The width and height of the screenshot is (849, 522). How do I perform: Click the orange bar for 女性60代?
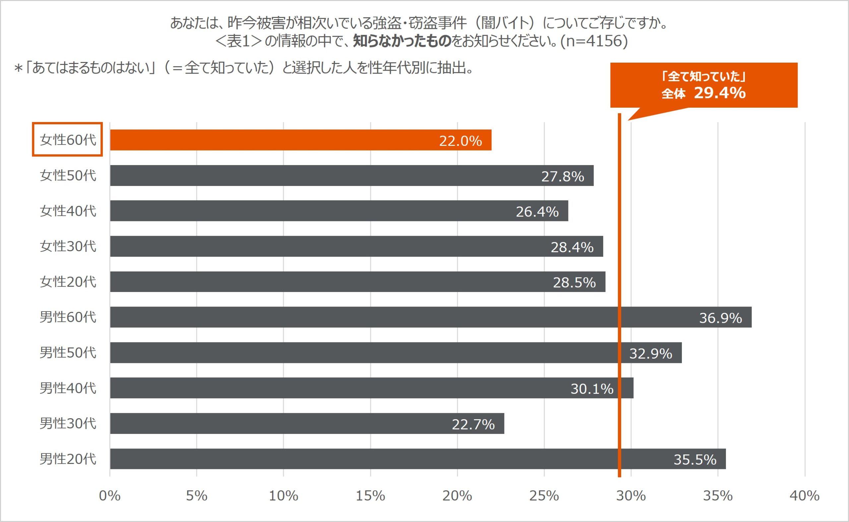[x=300, y=140]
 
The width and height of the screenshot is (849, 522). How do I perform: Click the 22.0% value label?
[x=460, y=141]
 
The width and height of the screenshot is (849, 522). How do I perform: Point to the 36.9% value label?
[x=720, y=318]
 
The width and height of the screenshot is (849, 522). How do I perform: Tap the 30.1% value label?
[x=592, y=389]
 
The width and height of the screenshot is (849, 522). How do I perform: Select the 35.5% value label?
[x=694, y=459]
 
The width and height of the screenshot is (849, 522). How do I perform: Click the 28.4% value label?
[x=572, y=247]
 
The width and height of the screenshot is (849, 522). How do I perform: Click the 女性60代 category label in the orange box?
[x=68, y=140]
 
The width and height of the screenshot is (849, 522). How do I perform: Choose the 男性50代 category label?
[x=68, y=353]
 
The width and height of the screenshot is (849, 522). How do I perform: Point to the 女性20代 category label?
[x=68, y=282]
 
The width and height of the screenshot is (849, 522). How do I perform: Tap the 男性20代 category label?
[x=68, y=459]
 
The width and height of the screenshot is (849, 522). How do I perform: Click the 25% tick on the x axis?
[x=544, y=496]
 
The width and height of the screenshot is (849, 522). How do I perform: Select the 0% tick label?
[x=109, y=496]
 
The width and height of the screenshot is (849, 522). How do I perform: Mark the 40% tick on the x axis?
[x=805, y=496]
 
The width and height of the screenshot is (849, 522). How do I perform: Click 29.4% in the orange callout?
[x=719, y=93]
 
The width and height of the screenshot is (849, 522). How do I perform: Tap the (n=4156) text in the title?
[x=594, y=41]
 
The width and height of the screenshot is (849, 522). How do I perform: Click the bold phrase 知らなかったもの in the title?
[x=402, y=41]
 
